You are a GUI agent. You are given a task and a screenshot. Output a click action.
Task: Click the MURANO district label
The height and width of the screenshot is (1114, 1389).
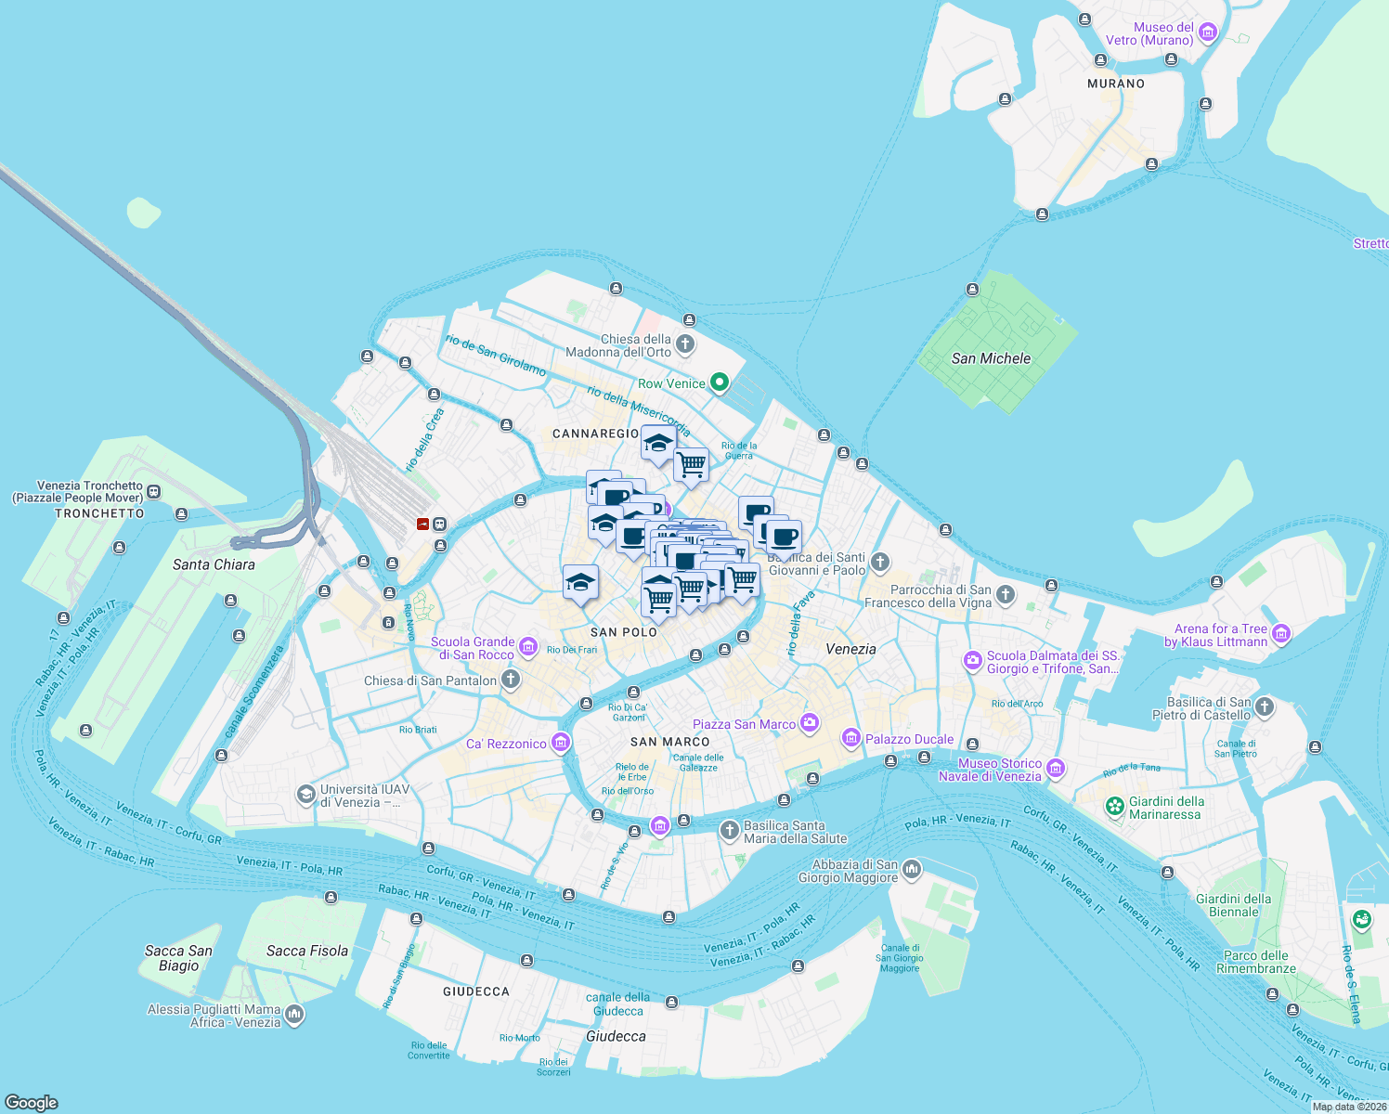pos(1116,84)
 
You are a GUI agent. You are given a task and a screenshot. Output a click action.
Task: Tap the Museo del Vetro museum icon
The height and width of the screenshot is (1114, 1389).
pos(1208,33)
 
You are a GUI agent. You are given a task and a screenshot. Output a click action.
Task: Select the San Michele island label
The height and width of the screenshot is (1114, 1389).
pos(991,358)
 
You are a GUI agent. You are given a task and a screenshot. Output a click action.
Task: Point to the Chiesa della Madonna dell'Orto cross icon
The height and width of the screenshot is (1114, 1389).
pos(685,345)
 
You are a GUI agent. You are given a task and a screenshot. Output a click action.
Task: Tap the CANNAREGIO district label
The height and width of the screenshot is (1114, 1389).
pos(595,434)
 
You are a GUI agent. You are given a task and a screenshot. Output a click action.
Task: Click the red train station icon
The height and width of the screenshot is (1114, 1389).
pos(423,524)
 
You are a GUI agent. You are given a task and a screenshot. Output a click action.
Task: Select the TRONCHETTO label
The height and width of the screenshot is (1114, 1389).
pos(99,513)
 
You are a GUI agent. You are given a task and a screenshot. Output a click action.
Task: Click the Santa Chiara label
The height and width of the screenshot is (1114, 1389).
pos(214,564)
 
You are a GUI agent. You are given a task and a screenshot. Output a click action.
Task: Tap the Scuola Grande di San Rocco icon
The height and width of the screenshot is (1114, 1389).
pos(528,646)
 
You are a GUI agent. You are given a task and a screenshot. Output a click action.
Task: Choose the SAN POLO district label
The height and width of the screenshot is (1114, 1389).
pos(624,632)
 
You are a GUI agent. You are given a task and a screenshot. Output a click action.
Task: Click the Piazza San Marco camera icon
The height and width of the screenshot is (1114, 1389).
pos(810,723)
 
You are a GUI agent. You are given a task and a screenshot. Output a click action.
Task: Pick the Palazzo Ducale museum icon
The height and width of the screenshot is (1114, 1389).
pos(850,738)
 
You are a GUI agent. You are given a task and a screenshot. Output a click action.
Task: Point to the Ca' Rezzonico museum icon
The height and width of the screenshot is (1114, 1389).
pos(560,743)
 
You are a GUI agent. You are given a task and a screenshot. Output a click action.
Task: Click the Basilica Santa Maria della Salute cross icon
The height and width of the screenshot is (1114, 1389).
pos(730,829)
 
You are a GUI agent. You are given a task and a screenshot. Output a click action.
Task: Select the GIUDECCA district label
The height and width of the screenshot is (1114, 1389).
pos(476,991)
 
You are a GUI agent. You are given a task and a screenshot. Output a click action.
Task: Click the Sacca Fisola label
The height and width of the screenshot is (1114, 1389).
pos(307,951)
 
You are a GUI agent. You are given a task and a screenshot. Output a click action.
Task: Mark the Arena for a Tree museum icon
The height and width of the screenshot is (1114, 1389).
pos(1281,634)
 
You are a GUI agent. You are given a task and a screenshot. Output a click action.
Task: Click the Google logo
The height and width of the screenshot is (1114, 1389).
pos(32,1102)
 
